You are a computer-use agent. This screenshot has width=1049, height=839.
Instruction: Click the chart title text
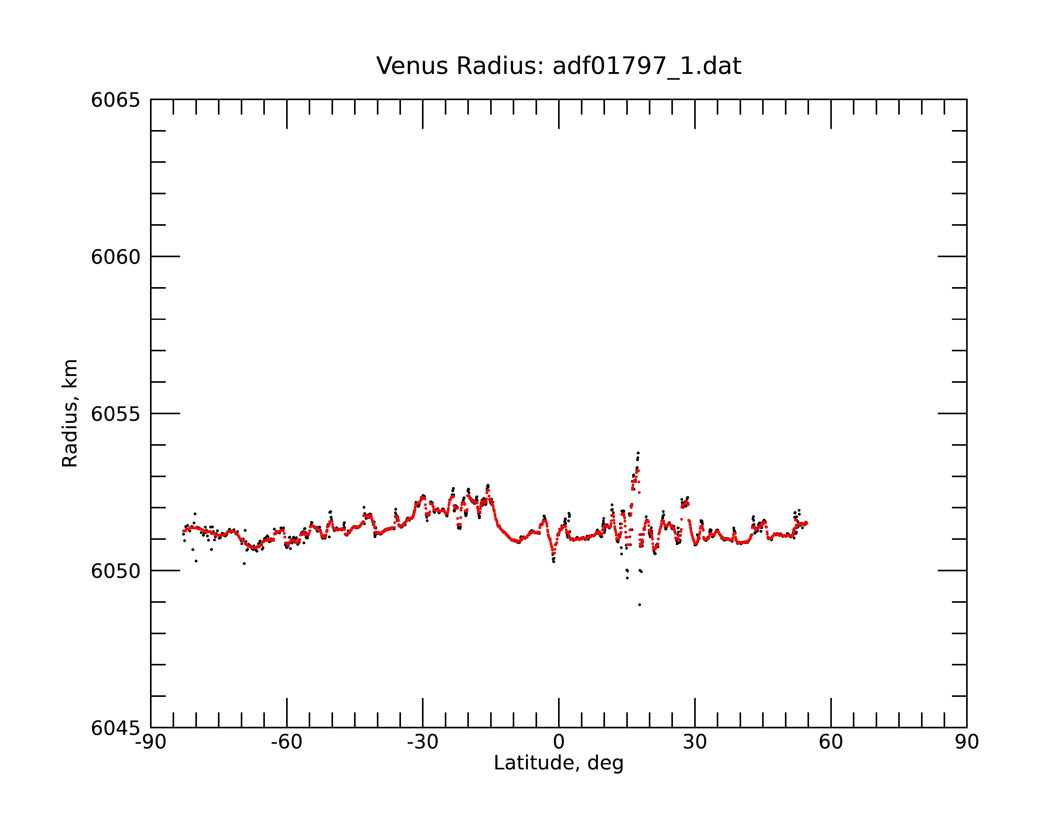pyautogui.click(x=559, y=66)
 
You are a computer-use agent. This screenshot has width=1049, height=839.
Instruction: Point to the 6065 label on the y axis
pyautogui.click(x=115, y=100)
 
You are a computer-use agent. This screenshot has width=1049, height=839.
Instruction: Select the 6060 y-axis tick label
pyautogui.click(x=115, y=257)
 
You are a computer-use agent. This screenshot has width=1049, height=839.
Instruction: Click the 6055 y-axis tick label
pyautogui.click(x=115, y=414)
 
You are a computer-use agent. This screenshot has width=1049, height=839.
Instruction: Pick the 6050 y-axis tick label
pyautogui.click(x=115, y=571)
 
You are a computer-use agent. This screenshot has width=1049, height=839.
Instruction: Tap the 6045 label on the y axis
pyautogui.click(x=115, y=728)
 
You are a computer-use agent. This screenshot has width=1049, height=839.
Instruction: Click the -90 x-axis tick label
pyautogui.click(x=151, y=742)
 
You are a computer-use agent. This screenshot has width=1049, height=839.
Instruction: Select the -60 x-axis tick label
pyautogui.click(x=287, y=742)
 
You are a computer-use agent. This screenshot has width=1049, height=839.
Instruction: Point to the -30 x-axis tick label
pyautogui.click(x=423, y=742)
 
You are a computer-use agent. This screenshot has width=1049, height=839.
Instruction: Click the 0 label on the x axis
pyautogui.click(x=559, y=742)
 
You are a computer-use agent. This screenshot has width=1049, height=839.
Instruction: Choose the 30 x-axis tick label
pyautogui.click(x=695, y=742)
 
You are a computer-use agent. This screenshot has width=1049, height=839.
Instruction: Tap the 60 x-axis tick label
pyautogui.click(x=831, y=742)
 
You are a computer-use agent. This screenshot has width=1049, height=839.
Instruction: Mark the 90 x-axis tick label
pyautogui.click(x=967, y=742)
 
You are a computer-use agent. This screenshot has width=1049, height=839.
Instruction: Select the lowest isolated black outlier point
pyautogui.click(x=639, y=605)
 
